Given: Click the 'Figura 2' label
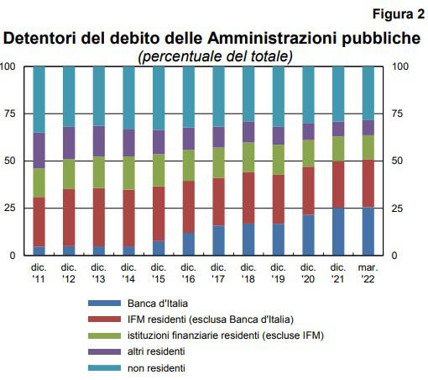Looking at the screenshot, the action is (399, 14).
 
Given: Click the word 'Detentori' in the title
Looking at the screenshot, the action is (39, 38).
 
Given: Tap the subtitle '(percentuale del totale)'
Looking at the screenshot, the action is (215, 56).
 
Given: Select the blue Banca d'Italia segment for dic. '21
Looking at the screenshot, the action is (338, 231).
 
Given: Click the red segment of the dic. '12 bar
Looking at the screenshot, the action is (69, 217).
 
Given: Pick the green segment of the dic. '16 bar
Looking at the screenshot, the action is (189, 166).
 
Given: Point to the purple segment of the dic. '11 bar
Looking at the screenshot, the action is (39, 150).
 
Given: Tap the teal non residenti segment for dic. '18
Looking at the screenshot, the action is (248, 94).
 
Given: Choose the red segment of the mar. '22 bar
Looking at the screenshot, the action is (368, 183).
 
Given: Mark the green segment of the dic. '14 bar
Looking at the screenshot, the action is (128, 173).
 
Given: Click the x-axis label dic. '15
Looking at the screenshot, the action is (159, 273).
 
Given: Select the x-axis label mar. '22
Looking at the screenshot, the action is (368, 273).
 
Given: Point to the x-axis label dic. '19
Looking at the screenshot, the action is (278, 273).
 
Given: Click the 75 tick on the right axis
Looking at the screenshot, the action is (397, 113).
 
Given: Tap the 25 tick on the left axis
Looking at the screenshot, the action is (9, 208).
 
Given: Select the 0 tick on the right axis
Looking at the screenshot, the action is (394, 256).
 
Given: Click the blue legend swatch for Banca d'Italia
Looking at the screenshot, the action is (104, 303).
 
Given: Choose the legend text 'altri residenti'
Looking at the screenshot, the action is (156, 351).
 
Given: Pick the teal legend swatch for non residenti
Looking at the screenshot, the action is (104, 367).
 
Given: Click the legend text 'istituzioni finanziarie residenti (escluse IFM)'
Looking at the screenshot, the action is (226, 335).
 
